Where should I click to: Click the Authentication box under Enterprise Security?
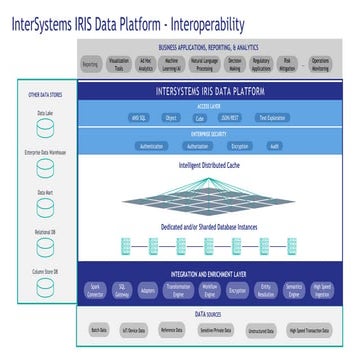click(x=151, y=145)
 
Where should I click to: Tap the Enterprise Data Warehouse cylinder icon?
click(x=45, y=164)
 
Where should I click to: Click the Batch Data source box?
click(x=98, y=329)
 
